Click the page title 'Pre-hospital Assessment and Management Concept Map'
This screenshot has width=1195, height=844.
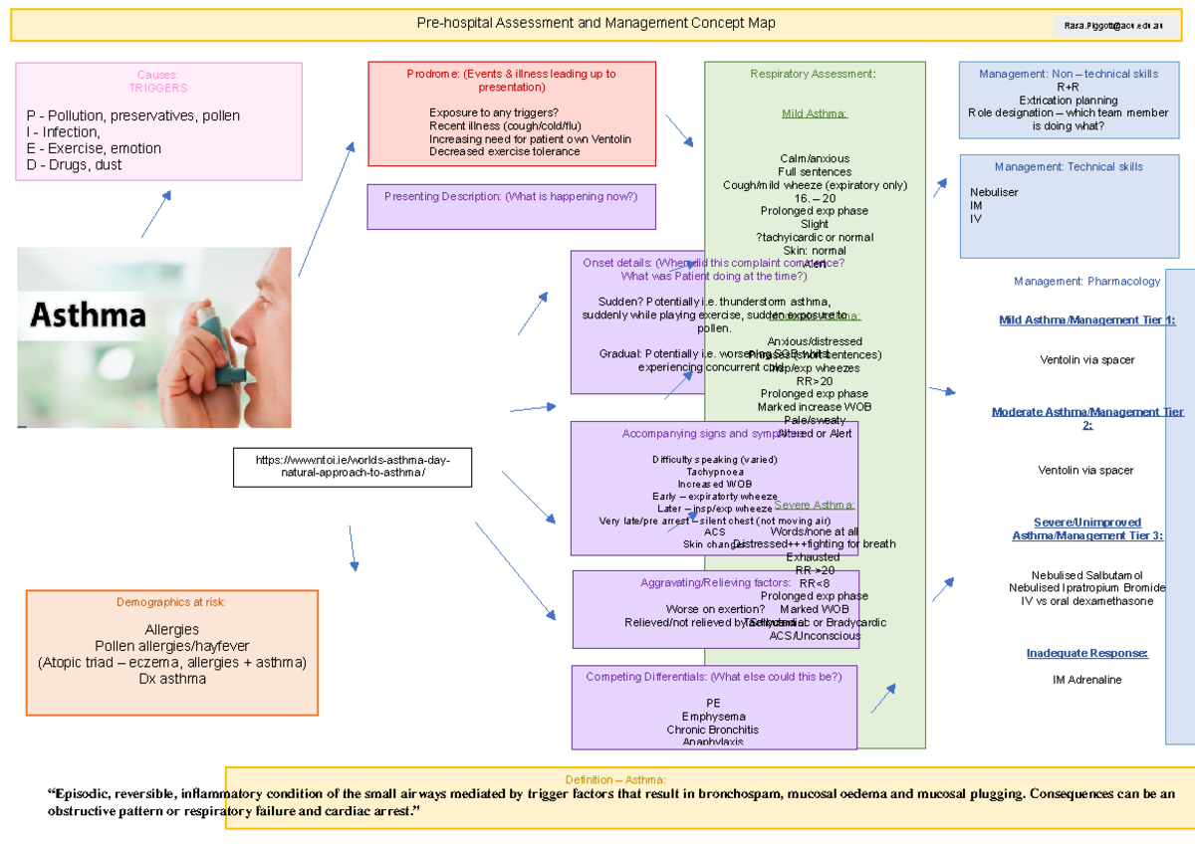596,23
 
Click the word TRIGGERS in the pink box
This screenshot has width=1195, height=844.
158,88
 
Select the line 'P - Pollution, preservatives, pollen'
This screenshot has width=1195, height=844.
133,115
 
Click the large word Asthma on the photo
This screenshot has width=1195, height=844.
89,316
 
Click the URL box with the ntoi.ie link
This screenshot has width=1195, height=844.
353,467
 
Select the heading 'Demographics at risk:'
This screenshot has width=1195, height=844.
171,602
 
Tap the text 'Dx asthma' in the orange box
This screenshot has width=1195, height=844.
172,679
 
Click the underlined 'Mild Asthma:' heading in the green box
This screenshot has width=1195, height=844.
815,113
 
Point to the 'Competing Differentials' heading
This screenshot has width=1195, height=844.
713,677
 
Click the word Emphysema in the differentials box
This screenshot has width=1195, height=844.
713,717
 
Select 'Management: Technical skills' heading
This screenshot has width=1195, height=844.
1069,167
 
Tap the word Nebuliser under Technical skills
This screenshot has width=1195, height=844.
994,192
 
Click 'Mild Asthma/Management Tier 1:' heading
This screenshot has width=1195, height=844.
1087,319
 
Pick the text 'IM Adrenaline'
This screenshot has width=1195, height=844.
1086,680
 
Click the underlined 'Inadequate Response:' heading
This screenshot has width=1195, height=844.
1086,653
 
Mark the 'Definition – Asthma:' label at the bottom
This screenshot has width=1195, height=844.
615,779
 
